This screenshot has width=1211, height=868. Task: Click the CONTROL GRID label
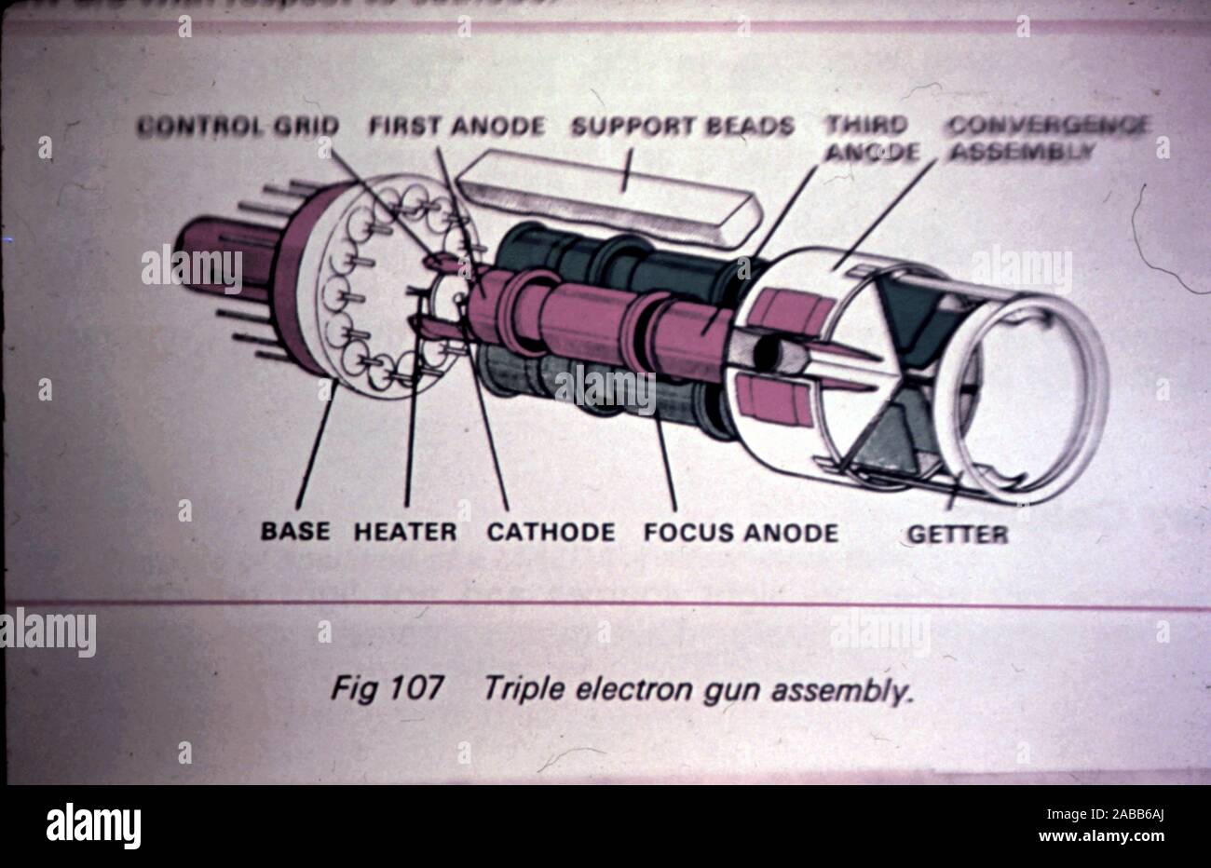[238, 126]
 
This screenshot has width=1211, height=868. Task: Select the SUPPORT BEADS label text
[682, 126]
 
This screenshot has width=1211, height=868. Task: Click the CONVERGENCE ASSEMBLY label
[1047, 138]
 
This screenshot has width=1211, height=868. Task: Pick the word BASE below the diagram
[294, 532]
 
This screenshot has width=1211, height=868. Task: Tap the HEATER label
[405, 532]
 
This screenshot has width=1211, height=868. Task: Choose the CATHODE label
[551, 532]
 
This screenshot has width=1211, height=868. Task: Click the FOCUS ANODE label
[741, 532]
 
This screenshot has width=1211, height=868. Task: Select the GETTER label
[957, 534]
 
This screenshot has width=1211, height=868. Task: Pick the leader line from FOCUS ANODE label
[667, 466]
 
